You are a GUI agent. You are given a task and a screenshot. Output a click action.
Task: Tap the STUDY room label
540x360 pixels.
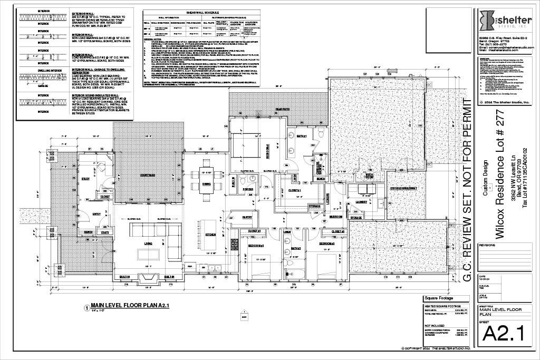[85, 179]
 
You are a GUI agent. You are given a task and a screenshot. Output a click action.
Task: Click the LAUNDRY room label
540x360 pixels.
[361, 201]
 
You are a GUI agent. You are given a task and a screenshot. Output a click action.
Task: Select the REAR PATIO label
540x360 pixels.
[283, 109]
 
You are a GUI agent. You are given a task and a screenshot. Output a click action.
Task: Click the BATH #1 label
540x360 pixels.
[301, 136]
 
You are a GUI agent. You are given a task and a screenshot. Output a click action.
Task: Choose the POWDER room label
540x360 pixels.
[248, 189]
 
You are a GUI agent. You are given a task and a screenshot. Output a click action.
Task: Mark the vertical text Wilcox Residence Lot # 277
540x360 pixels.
[500, 173]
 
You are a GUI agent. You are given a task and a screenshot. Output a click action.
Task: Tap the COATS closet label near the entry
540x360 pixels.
[105, 232]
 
